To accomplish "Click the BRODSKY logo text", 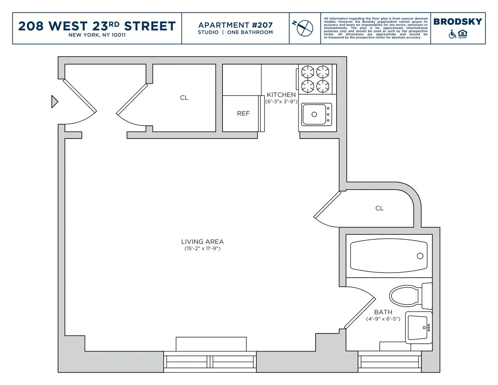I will (x=458, y=22).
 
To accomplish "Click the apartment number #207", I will (x=262, y=25).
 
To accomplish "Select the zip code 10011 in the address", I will (x=118, y=35).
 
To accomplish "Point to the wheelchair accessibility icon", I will (x=452, y=34).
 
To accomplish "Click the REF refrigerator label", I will (x=243, y=114).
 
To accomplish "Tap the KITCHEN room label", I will (x=281, y=95).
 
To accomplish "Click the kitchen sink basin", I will (x=315, y=114).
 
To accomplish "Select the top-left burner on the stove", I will (x=308, y=72).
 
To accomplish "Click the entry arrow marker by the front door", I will (x=54, y=102).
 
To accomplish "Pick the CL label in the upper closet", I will (x=184, y=98).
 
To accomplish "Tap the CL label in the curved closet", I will (x=379, y=209).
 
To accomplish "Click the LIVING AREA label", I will (x=202, y=242).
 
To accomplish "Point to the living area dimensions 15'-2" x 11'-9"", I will (x=202, y=249).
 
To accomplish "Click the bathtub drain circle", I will (x=420, y=256).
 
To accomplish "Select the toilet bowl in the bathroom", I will (x=405, y=296).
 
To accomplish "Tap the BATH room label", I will (x=383, y=312).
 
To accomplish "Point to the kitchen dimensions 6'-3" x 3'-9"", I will (x=281, y=102).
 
